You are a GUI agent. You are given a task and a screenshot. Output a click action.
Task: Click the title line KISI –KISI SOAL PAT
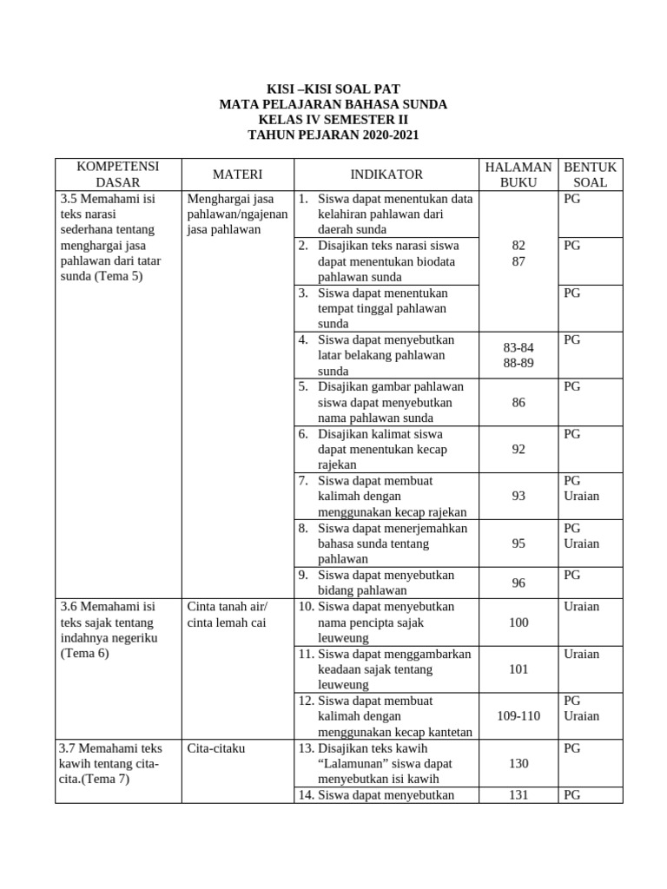(x=333, y=89)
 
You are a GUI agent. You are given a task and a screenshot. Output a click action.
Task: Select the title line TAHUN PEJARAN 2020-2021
(x=333, y=135)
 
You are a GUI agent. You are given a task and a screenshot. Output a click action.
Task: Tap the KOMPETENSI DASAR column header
(x=116, y=175)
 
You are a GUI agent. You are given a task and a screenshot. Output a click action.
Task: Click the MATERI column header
(x=237, y=175)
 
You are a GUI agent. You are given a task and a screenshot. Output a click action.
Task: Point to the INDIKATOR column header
(x=386, y=175)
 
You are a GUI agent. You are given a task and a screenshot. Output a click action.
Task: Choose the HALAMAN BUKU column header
(x=518, y=175)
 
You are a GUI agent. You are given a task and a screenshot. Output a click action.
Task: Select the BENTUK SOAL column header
(x=591, y=175)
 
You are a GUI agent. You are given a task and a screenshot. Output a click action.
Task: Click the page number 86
(x=518, y=403)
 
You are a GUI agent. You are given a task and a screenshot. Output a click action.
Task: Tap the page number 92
(x=518, y=450)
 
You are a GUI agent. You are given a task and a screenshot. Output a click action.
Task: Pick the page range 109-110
(x=518, y=716)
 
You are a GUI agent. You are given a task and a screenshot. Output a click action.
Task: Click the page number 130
(x=518, y=763)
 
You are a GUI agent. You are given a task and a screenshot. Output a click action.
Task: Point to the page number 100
(x=518, y=622)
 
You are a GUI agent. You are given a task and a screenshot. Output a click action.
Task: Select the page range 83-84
(x=518, y=347)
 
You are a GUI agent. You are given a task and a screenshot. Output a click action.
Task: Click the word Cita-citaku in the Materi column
(x=216, y=747)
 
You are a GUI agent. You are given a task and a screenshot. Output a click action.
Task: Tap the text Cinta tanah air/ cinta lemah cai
(x=228, y=614)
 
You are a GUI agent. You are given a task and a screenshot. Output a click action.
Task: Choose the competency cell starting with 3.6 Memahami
(x=108, y=629)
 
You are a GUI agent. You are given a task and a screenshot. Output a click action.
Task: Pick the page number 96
(x=518, y=583)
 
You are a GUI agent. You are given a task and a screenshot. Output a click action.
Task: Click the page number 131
(x=518, y=794)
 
